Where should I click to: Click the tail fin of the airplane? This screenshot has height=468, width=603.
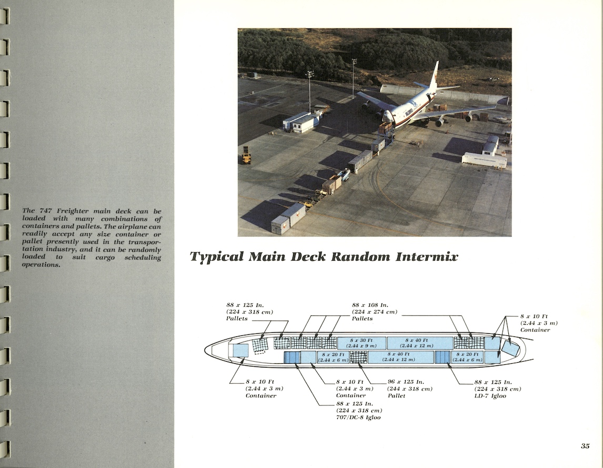point(434,75)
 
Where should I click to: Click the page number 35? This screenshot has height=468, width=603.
point(585,446)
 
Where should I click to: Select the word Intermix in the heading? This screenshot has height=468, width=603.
point(429,257)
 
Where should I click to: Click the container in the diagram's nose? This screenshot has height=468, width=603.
point(240,351)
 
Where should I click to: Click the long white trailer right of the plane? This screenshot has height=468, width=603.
point(484,160)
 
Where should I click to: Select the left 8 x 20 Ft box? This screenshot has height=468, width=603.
point(332,357)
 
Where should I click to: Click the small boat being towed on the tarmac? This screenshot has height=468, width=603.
point(344,174)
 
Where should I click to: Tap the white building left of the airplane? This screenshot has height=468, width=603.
point(301,122)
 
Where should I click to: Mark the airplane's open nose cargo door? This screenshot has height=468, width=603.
point(388,116)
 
